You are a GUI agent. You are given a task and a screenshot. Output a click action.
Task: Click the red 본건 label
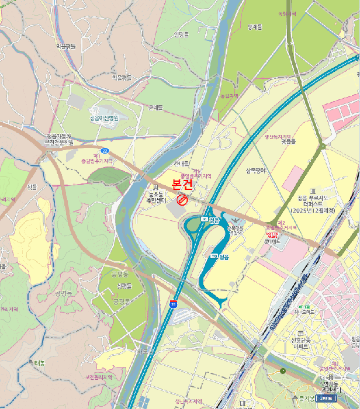click(182, 185)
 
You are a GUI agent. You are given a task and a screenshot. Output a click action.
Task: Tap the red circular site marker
click(182, 200)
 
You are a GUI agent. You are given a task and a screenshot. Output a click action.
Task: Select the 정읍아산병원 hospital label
click(103, 118)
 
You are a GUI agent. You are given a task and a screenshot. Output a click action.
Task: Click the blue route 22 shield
click(103, 150)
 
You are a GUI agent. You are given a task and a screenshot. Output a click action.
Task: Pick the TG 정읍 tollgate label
click(219, 257)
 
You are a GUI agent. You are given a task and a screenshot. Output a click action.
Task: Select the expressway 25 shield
click(174, 303)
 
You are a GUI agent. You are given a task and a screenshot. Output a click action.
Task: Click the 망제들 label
click(255, 27)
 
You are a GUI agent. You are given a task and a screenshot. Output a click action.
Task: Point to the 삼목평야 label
click(255, 171)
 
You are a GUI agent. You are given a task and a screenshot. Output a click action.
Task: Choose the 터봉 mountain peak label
click(37, 363)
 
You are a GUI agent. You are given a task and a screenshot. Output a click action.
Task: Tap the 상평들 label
click(124, 286)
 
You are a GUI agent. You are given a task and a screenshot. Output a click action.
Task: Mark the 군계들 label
click(155, 108)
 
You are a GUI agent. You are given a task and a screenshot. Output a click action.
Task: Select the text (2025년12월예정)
click(313, 210)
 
